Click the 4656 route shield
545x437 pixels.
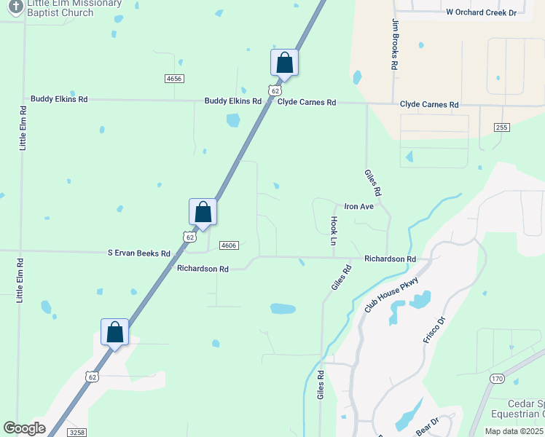coord(174,78)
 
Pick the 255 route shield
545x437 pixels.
coord(501,127)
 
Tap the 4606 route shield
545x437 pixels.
coord(229,245)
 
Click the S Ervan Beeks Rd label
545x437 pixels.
coord(138,253)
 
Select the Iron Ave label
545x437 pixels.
coord(358,207)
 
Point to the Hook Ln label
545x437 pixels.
coord(334,230)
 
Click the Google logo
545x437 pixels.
coord(24,428)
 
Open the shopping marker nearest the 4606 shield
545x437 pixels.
coord(203,213)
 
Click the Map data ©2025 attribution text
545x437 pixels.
coord(514,431)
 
